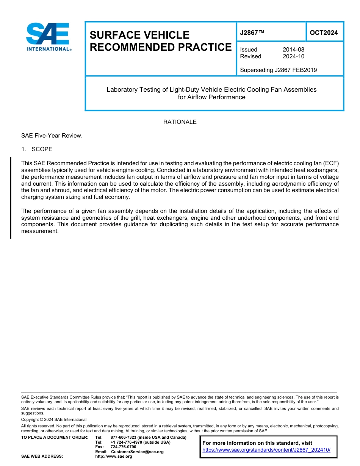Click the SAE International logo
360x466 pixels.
(48, 37)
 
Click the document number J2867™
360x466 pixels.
(252, 33)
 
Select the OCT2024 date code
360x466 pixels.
(324, 33)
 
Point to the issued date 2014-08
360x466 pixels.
(293, 50)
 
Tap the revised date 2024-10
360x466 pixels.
(293, 56)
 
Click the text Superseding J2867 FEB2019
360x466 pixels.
(278, 70)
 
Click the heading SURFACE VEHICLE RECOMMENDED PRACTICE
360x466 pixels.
(160, 41)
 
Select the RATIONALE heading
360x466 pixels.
(180, 122)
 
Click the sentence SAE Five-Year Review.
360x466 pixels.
(52, 136)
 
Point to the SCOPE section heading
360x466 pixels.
(42, 149)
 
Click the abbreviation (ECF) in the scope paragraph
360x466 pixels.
(330, 163)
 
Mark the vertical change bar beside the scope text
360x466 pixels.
(11, 197)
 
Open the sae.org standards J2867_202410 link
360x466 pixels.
(266, 450)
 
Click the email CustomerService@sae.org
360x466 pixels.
(137, 452)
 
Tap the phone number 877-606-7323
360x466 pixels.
(124, 437)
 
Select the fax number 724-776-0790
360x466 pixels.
(124, 447)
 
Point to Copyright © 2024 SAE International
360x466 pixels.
(54, 419)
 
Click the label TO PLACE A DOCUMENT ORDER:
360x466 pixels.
(55, 437)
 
